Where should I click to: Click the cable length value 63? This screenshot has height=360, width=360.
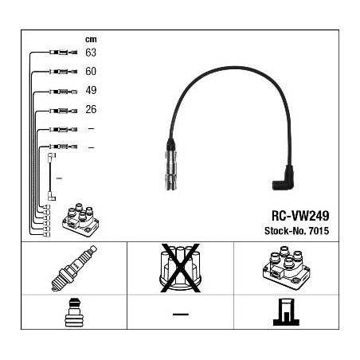pos(91,53)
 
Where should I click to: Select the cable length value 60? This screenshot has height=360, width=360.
pos(91,71)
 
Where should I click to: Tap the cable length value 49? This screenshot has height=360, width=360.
pos(91,90)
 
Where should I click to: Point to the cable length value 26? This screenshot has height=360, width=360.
pos(91,109)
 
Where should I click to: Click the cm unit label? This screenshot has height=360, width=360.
pos(91,40)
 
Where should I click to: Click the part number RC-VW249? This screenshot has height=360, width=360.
pos(300,216)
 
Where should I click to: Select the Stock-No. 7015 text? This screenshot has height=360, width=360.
pos(296,231)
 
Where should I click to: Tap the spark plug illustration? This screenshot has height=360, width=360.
pos(74,268)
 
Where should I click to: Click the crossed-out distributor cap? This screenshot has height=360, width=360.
pos(180,268)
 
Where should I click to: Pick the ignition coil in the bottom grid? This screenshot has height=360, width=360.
pos(286,268)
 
